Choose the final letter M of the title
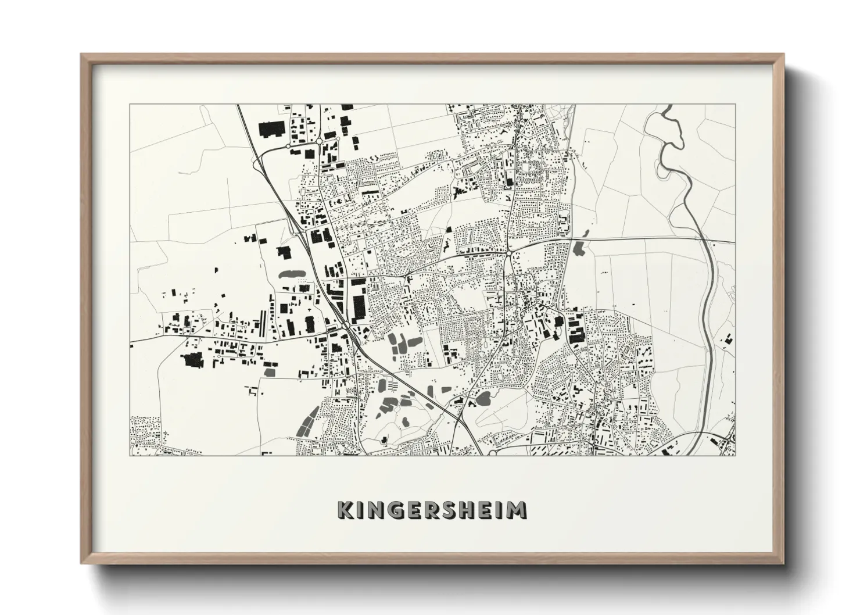pyautogui.click(x=517, y=510)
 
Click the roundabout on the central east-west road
pyautogui.click(x=508, y=253)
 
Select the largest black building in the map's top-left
pyautogui.click(x=268, y=129)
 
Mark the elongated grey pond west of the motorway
pyautogui.click(x=291, y=273)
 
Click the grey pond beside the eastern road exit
pyautogui.click(x=579, y=249)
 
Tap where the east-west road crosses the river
pyautogui.click(x=703, y=239)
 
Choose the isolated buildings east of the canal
pyautogui.click(x=727, y=339)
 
